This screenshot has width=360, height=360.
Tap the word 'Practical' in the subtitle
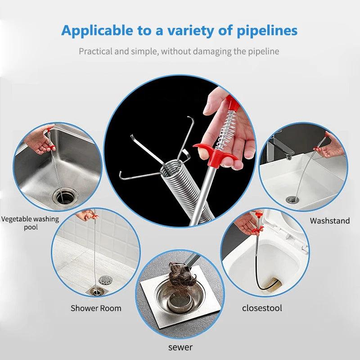coord(95,51)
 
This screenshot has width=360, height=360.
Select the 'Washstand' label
coord(330,221)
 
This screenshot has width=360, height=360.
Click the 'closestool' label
coord(262,308)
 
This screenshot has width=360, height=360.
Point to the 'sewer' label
coord(180,347)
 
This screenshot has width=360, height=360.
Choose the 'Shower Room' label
coord(96,308)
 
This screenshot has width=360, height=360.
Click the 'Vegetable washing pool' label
coord(30,223)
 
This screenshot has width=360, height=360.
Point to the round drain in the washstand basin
coord(292,199)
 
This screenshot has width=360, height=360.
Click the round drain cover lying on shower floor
coord(105,280)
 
